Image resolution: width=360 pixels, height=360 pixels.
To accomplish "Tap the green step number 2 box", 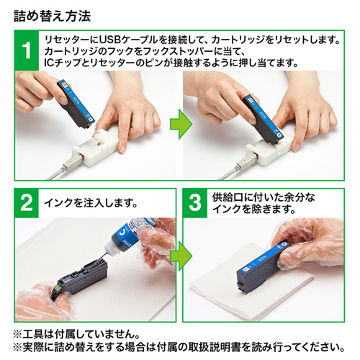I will pyautogui.click(x=27, y=204).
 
